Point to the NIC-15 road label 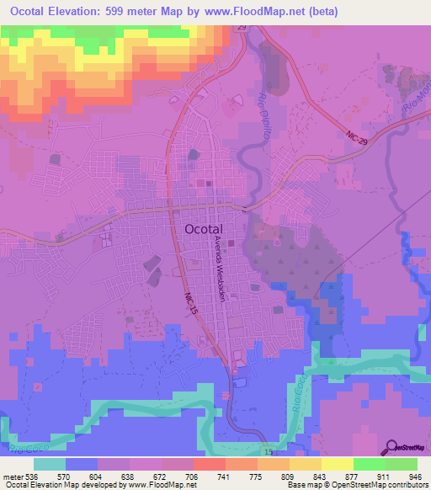point(191,303)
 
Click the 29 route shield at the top point(240,29)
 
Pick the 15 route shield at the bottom point(268,452)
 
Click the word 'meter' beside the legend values point(12,477)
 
